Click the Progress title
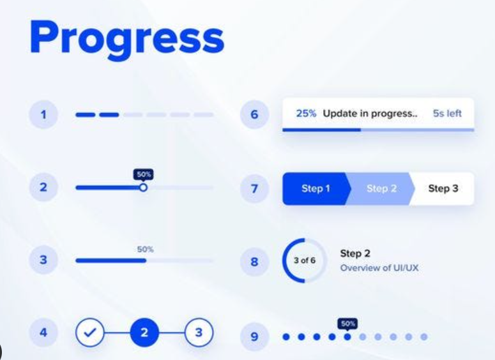click(x=127, y=39)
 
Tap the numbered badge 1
click(x=43, y=114)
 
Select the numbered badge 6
click(x=254, y=114)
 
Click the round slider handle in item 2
click(x=143, y=188)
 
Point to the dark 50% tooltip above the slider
click(x=144, y=175)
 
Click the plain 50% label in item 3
click(x=145, y=250)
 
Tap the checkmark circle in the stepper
click(x=90, y=333)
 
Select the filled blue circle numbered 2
click(x=144, y=333)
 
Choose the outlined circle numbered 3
click(x=199, y=333)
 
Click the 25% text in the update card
click(x=306, y=113)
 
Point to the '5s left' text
click(x=447, y=113)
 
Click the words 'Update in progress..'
click(x=370, y=114)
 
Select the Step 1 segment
click(x=316, y=189)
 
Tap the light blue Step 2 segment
click(x=381, y=189)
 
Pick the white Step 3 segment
click(x=443, y=189)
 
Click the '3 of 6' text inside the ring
click(x=304, y=260)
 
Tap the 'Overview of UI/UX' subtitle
click(x=379, y=268)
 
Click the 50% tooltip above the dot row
click(x=347, y=324)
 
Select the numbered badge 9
click(x=254, y=336)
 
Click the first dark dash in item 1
click(x=85, y=115)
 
